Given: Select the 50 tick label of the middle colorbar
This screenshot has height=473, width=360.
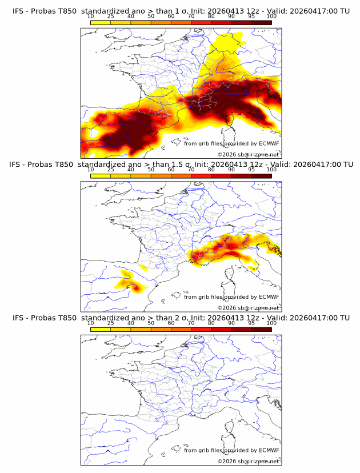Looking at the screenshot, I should (151, 170).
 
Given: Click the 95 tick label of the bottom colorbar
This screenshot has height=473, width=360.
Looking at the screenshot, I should (251, 323).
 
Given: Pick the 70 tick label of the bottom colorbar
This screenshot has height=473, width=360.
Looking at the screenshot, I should (191, 323).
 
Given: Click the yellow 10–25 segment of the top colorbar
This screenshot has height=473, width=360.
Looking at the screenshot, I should (101, 22).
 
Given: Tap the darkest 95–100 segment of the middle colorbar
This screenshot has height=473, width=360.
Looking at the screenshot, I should (262, 175).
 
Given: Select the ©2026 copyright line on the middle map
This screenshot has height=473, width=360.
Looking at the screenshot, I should (248, 308).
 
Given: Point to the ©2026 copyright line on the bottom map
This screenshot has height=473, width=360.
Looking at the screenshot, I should (248, 461).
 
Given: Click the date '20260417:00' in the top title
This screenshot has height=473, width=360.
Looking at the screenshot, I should (313, 11).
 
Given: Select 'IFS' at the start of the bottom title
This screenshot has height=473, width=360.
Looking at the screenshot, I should (19, 317).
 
